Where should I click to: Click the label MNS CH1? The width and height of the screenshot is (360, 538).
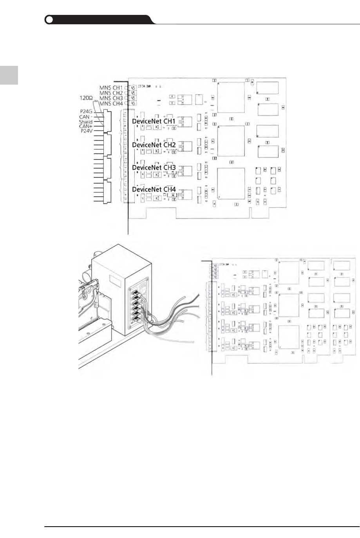111,87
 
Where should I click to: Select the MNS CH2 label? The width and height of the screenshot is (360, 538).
111,93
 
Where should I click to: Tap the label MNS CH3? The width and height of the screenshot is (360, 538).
111,98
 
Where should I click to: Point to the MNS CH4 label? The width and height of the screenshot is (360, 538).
111,104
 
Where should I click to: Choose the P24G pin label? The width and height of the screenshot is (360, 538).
86,111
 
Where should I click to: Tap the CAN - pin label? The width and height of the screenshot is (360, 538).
86,117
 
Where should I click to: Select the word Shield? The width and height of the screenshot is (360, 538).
85,122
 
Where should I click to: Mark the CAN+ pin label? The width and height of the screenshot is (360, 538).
86,126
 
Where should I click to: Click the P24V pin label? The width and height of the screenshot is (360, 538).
86,131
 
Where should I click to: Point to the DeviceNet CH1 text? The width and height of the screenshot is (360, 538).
154,121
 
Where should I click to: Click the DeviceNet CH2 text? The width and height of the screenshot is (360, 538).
154,145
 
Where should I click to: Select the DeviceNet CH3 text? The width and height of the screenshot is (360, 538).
154,167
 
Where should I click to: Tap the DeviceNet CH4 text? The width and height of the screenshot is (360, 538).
154,189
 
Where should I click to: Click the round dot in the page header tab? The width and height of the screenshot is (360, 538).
49,20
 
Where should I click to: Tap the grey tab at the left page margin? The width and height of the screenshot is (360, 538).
9,75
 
